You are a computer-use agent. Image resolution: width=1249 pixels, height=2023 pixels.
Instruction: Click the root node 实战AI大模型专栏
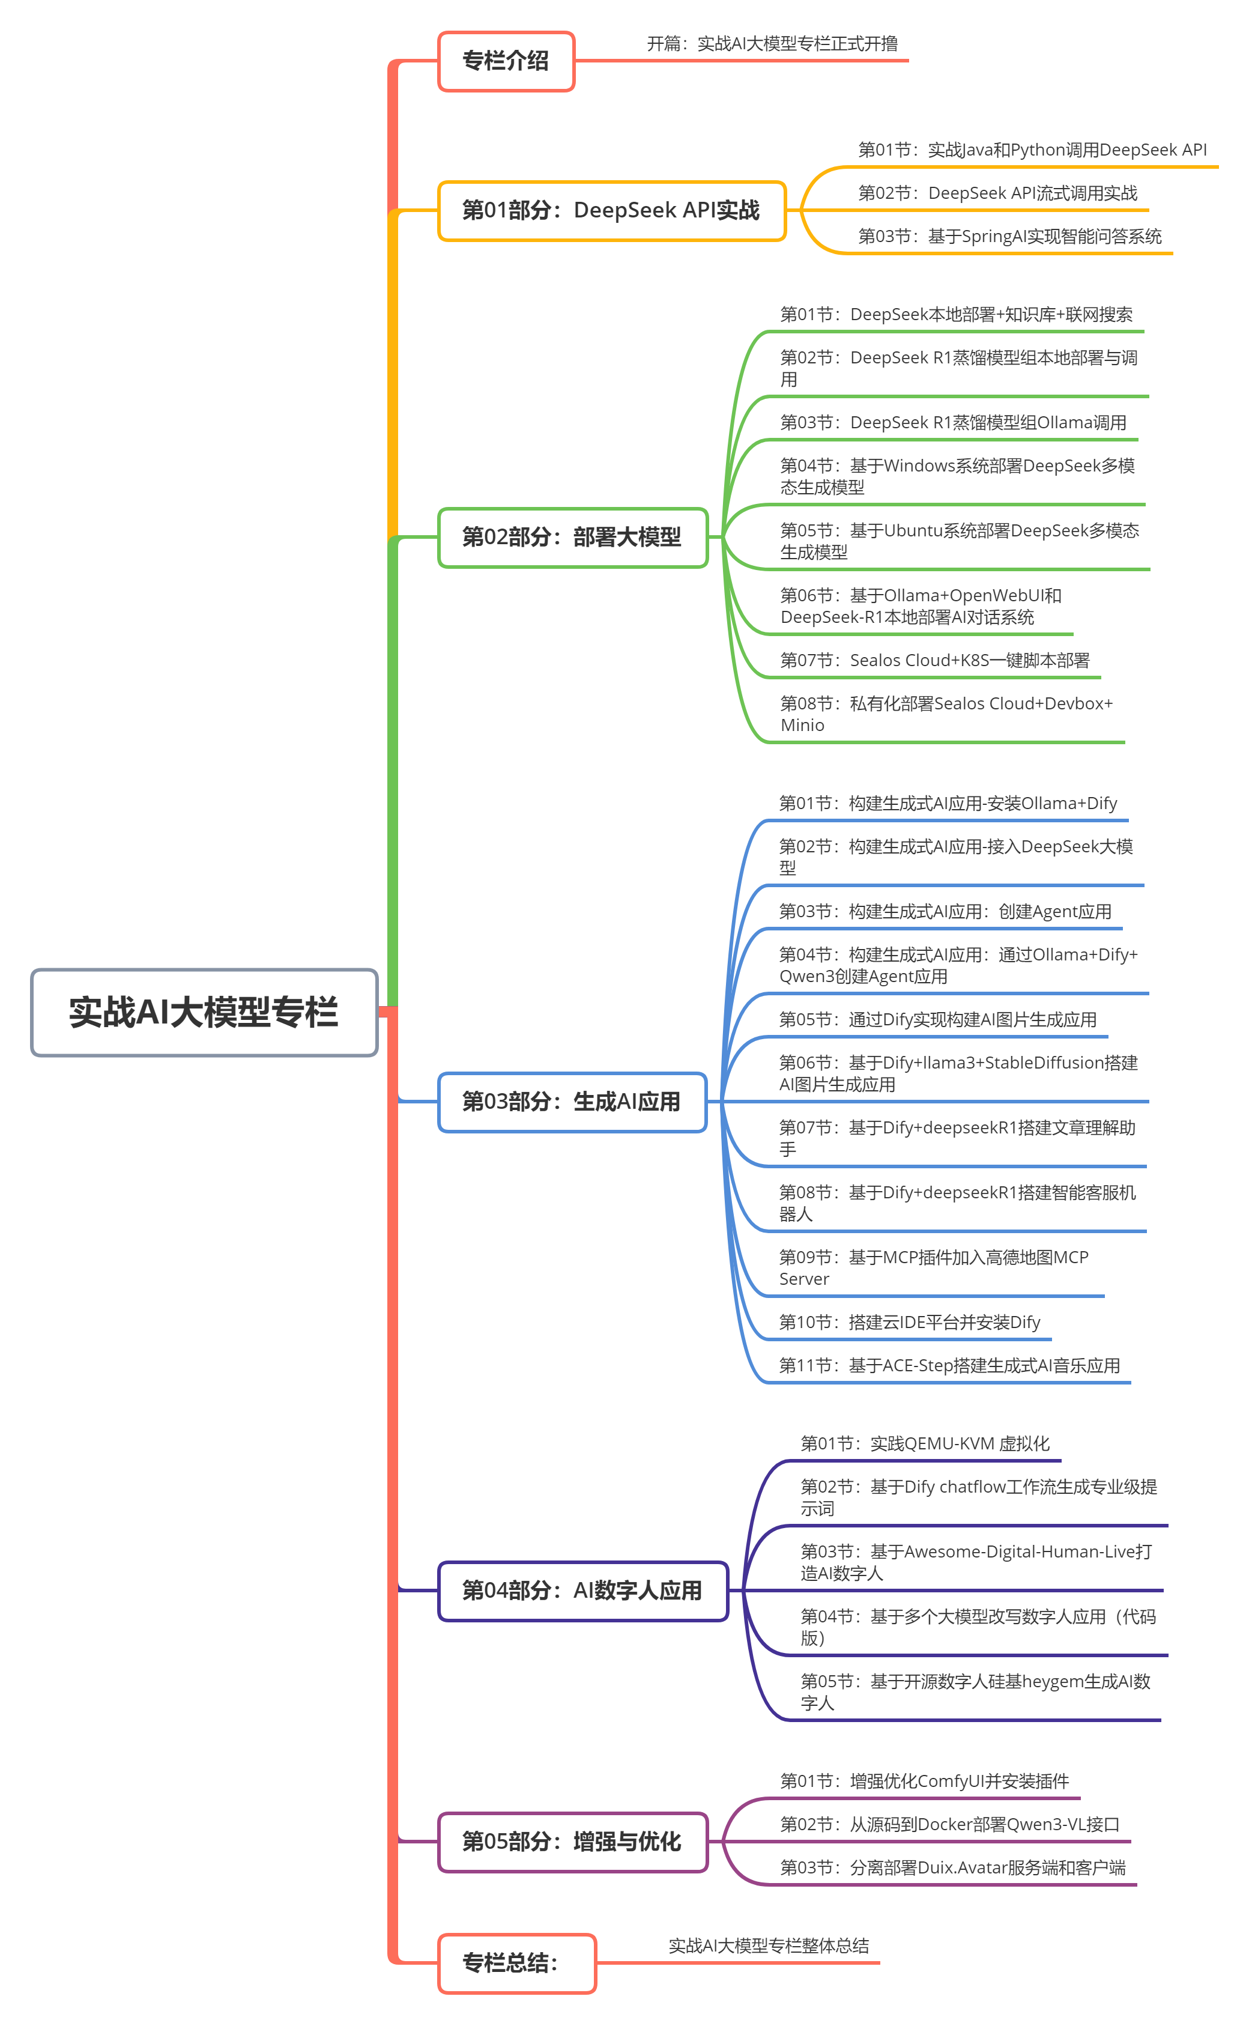[204, 1012]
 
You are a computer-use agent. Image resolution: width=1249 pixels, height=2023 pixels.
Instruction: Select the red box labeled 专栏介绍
[506, 61]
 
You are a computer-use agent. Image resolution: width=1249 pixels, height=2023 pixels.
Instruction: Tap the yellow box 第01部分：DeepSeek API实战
[611, 211]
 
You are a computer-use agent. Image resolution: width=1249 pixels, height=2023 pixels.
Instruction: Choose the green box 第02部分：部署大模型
[572, 537]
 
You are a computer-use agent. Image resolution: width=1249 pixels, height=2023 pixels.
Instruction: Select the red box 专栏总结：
[516, 1963]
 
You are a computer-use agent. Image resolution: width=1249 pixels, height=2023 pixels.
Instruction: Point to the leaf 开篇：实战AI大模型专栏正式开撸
[772, 44]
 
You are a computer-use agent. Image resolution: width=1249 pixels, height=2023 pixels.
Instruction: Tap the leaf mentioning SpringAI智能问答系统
[1009, 237]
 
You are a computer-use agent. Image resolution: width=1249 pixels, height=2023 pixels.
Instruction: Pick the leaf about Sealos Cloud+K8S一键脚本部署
[934, 661]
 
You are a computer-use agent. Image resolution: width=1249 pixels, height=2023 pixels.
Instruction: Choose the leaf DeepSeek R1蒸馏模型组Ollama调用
[954, 423]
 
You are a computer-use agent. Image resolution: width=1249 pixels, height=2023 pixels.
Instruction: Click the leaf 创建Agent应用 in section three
[945, 912]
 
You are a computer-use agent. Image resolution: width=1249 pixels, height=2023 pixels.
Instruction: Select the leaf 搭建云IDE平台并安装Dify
[910, 1323]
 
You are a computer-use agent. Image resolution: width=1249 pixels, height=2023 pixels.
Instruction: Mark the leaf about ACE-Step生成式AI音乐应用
[949, 1366]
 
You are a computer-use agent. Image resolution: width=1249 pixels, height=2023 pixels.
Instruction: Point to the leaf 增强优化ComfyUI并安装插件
[924, 1782]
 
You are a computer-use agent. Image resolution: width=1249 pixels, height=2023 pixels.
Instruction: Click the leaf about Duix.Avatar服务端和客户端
[952, 1869]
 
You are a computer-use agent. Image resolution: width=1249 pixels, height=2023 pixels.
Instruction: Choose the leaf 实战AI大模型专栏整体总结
[768, 1946]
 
